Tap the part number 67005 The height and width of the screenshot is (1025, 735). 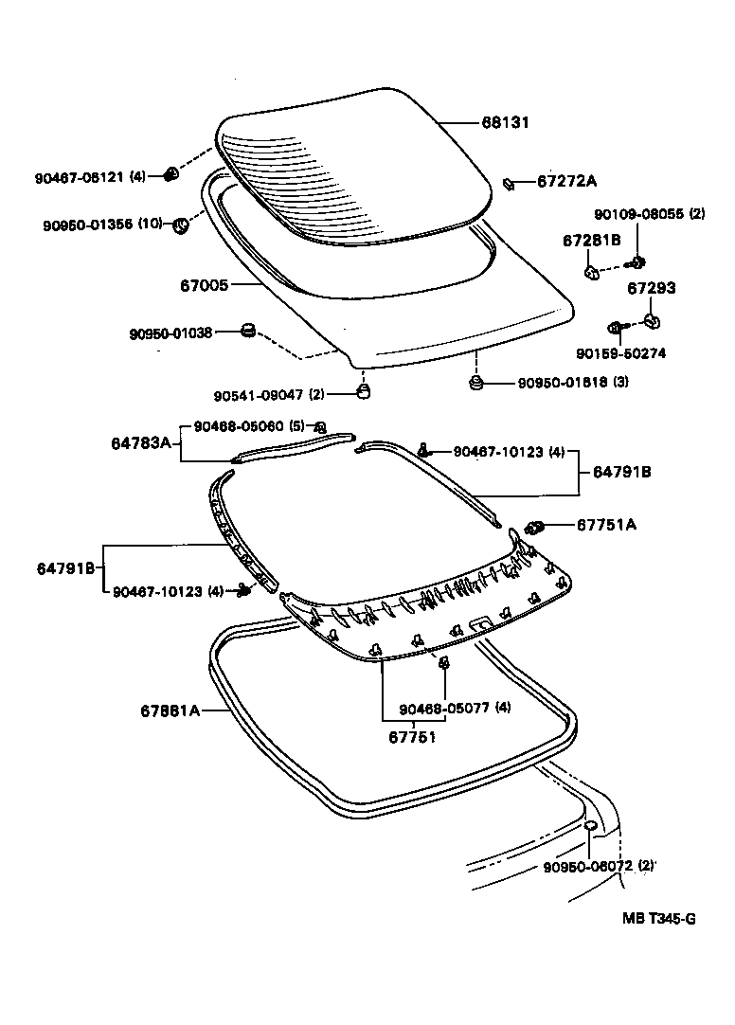[x=204, y=283]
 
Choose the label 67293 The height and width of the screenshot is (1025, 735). [x=652, y=288]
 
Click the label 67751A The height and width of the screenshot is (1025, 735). [x=602, y=525]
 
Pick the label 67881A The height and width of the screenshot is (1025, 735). [x=170, y=710]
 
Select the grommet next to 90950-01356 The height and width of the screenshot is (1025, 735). [x=180, y=225]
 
